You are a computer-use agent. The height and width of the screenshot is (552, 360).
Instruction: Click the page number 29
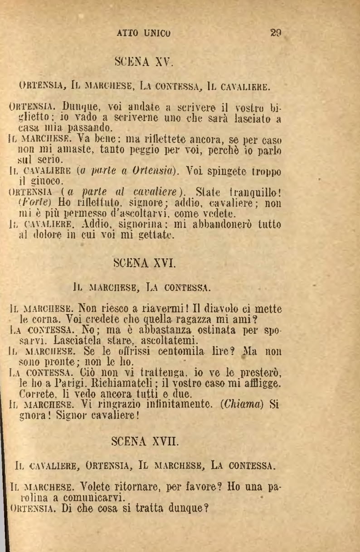point(276,33)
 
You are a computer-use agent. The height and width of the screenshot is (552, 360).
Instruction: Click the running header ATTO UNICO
point(144,33)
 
